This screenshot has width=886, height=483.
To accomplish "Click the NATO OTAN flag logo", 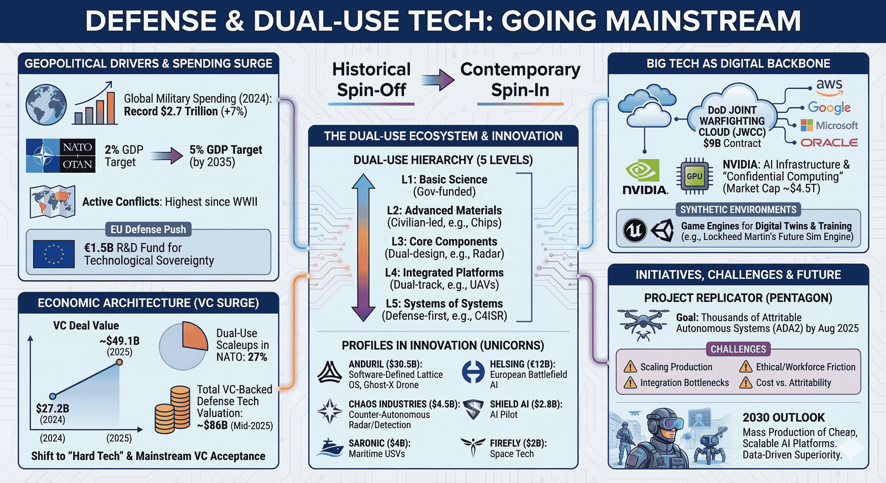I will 60,156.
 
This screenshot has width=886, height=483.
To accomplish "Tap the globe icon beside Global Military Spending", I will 46,104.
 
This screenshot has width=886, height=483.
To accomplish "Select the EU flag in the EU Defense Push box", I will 54,254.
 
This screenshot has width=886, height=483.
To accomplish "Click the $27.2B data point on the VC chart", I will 53,396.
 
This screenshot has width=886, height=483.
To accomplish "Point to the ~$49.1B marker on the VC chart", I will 119,362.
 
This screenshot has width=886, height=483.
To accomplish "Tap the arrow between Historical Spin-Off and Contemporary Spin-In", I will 438,80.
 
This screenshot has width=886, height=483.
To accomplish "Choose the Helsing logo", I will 473,372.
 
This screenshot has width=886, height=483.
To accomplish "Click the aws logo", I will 829,87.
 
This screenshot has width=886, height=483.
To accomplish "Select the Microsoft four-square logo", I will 806,125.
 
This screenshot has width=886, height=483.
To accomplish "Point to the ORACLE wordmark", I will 829,143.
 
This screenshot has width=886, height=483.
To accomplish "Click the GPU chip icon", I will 694,176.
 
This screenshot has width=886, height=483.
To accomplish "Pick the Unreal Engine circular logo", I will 635,230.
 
